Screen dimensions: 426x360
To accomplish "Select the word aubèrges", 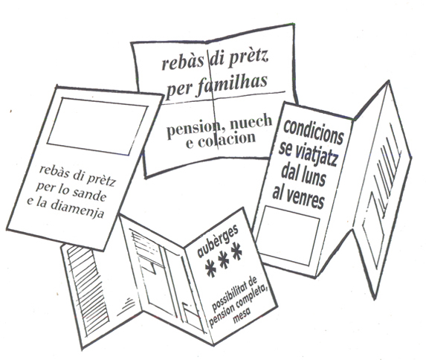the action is tap(217, 240).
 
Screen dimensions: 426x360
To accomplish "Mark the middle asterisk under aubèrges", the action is tap(224, 259).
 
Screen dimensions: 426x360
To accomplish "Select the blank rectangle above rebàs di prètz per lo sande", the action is tap(97, 126).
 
